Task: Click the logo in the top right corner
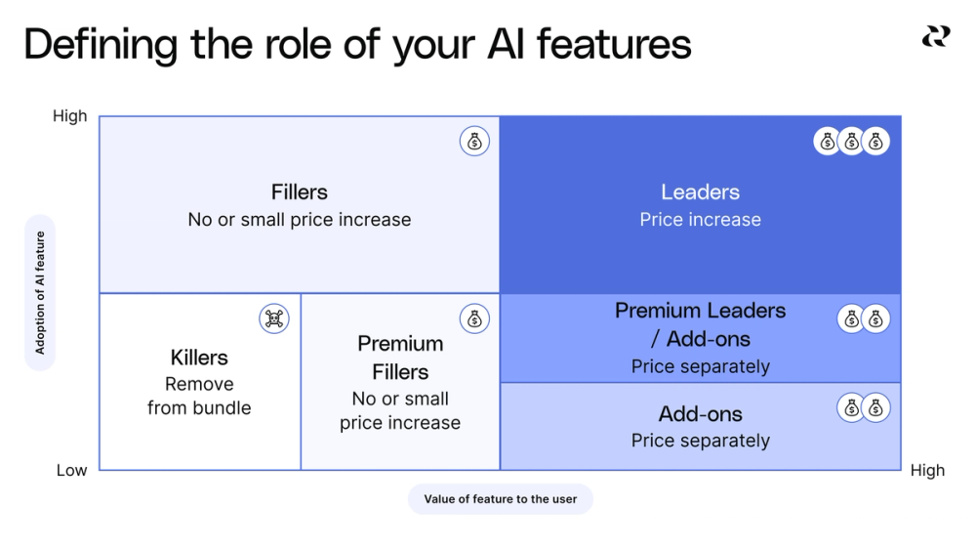935,36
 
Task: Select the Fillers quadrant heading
300,192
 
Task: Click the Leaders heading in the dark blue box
700,192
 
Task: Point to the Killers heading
199,358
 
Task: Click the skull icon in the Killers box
274,318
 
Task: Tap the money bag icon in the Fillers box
474,142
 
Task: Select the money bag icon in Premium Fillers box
474,318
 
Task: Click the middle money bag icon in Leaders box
852,142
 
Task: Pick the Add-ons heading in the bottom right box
700,414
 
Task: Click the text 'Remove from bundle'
199,396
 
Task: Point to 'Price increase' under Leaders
700,220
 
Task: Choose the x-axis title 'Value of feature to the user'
500,499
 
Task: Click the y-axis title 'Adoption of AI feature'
40,292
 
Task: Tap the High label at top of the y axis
69,116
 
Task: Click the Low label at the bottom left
71,470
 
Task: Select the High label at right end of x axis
927,470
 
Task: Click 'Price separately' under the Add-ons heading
700,441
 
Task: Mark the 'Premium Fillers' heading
400,358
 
